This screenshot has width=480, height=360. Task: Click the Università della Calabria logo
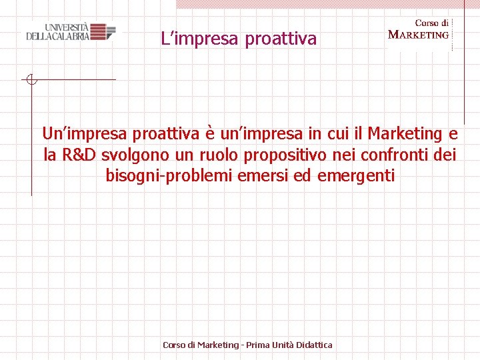70,31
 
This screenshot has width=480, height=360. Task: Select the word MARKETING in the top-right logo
418,35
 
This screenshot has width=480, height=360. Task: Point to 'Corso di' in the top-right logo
431,23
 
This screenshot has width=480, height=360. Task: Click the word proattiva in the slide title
281,39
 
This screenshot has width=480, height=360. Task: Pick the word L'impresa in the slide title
201,39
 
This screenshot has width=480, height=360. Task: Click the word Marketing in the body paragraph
405,133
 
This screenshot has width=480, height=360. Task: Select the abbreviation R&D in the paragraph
79,155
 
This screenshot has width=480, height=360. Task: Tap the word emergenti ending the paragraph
357,177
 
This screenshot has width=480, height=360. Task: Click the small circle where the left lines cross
31,80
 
